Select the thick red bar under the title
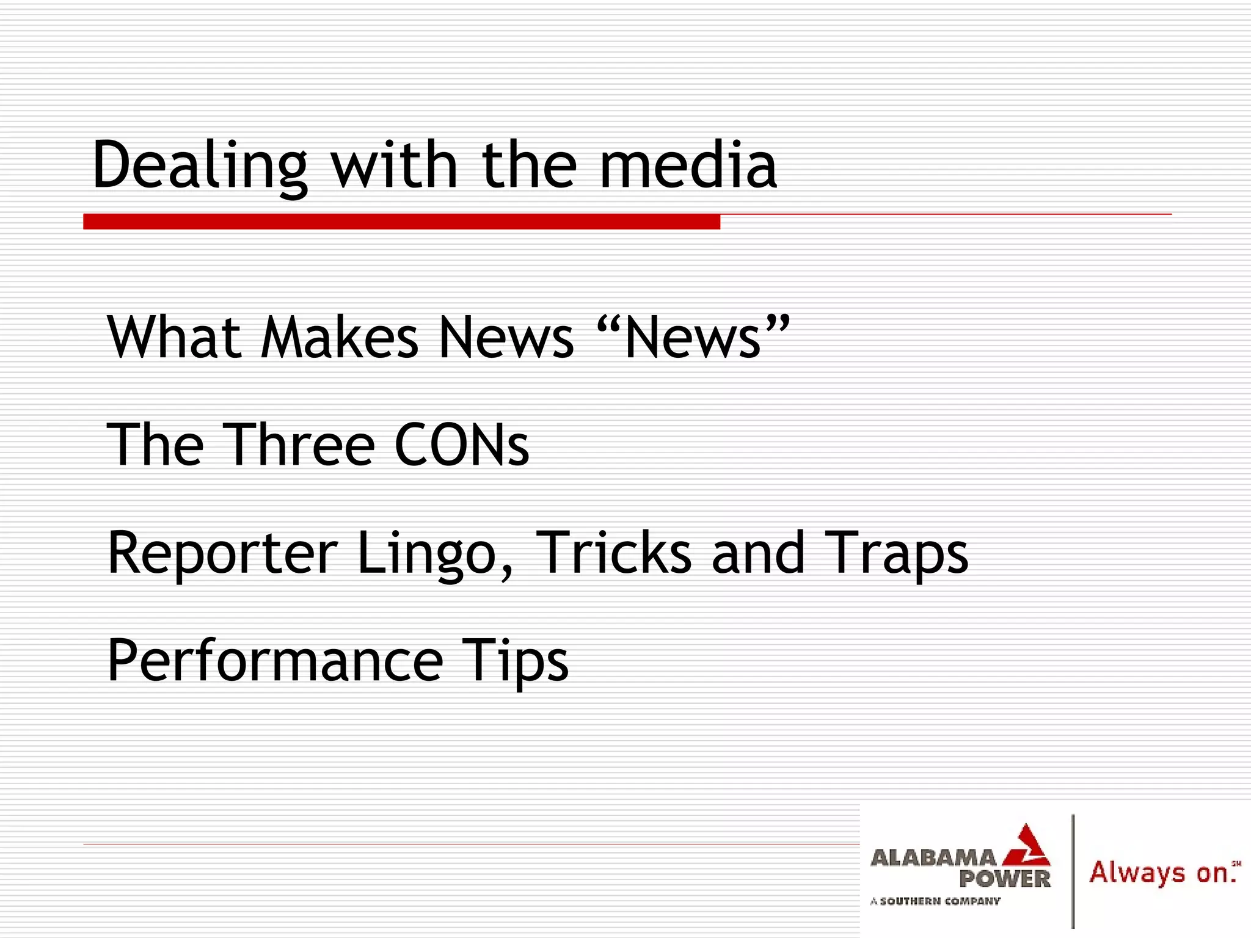tap(401, 221)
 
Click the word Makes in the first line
tap(340, 337)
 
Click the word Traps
tap(895, 553)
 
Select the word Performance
tap(275, 661)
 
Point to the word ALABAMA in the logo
tap(932, 858)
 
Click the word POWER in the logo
tap(1004, 879)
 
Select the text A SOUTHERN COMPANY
tap(935, 901)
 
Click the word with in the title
tap(394, 165)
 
